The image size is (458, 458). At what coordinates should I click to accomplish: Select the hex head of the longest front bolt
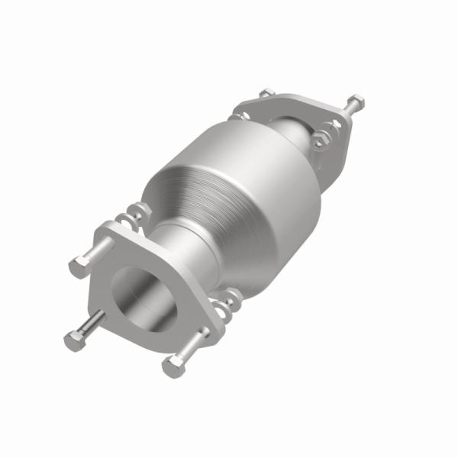[74, 341]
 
